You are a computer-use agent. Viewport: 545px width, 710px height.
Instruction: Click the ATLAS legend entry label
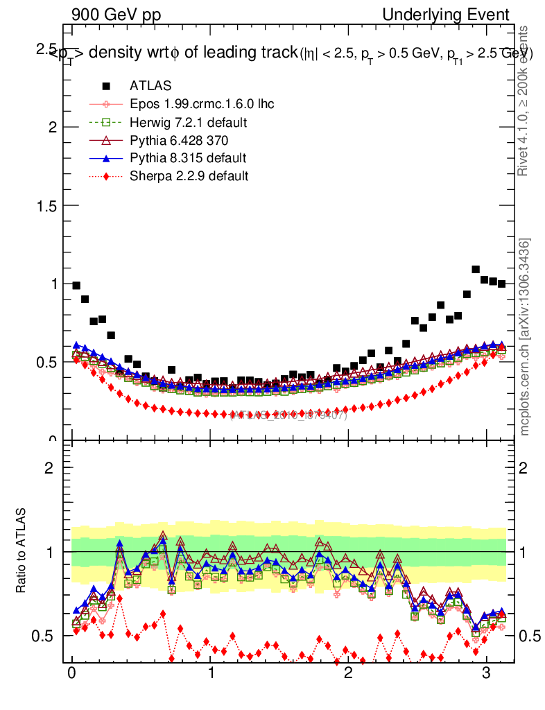[150, 86]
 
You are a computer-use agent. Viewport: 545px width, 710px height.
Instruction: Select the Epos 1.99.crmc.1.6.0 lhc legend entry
[202, 104]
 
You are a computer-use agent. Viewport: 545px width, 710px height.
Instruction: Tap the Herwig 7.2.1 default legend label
[189, 122]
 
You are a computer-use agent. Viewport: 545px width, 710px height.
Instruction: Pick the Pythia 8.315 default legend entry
[188, 158]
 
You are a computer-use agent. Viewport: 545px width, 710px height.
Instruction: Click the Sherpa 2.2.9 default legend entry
[189, 176]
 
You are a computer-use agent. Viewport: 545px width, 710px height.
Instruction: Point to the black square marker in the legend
[106, 86]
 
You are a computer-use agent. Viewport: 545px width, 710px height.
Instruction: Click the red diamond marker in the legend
[106, 176]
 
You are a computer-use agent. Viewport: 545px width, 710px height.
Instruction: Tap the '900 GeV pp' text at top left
[115, 15]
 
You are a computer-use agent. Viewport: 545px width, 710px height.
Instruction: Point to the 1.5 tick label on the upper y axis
[46, 205]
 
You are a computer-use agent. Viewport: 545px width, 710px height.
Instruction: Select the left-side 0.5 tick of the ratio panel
[46, 636]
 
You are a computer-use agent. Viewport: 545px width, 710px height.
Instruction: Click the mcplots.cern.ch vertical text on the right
[525, 337]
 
